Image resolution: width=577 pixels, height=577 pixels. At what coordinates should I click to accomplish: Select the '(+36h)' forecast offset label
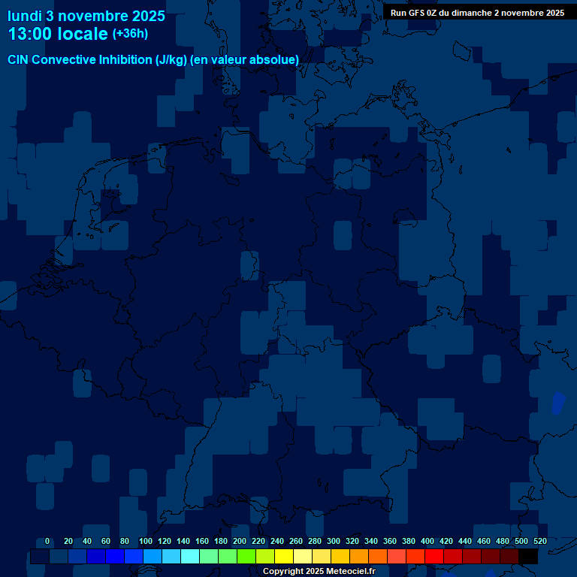(130, 34)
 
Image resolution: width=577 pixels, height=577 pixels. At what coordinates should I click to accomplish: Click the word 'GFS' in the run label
(417, 13)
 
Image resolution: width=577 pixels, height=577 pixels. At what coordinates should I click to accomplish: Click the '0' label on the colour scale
(47, 541)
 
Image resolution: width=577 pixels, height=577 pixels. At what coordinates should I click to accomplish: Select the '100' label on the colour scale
(146, 541)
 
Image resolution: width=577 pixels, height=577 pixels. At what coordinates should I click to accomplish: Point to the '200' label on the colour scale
(240, 541)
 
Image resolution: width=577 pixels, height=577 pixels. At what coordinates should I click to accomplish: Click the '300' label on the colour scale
(334, 541)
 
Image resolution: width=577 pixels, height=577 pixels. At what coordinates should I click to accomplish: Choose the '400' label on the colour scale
(427, 541)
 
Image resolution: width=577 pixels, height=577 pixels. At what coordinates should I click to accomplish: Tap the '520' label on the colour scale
(539, 541)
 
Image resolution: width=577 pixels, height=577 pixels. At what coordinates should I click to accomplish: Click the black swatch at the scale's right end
(528, 557)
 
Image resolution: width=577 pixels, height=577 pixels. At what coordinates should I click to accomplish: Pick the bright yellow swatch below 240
(284, 557)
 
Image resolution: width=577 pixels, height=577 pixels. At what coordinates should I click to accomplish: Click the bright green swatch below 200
(246, 557)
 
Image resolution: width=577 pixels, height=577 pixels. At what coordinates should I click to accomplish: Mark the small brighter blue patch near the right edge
(558, 403)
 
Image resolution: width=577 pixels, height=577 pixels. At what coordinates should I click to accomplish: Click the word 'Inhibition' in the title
(125, 60)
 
